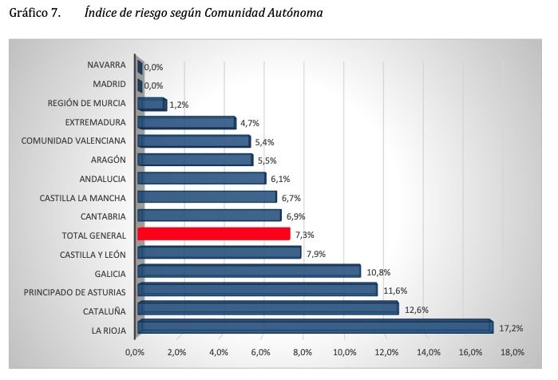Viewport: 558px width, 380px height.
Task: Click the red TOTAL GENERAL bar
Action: click(213, 234)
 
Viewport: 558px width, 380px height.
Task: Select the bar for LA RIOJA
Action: click(315, 327)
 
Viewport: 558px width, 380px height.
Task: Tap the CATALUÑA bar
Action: click(267, 308)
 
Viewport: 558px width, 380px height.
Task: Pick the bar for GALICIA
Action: click(249, 271)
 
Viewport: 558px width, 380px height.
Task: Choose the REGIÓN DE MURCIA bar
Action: click(152, 104)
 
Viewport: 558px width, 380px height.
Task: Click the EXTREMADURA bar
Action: click(187, 122)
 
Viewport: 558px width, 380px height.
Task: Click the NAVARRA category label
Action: click(108, 65)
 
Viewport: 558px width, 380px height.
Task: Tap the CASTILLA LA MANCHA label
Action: click(83, 197)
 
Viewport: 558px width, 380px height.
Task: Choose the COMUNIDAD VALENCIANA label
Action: click(74, 141)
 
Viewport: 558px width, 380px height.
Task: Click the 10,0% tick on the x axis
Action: click(345, 352)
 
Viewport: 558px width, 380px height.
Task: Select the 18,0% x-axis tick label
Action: click(512, 352)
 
